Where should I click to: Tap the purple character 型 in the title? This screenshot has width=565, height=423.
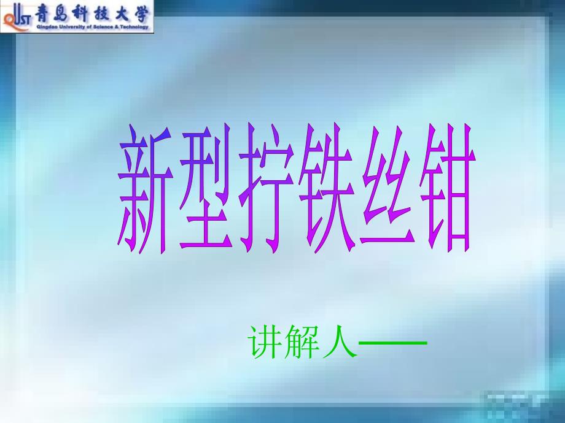coord(205,187)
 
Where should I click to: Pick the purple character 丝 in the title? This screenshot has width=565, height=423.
coord(388,186)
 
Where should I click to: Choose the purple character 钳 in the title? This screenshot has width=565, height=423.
coord(448,188)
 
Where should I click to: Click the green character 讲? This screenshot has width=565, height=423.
coord(265,341)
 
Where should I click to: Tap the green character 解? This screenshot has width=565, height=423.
coord(302,341)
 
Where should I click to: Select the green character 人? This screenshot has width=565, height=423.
coord(340,341)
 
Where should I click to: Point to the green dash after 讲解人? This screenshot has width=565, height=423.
coord(393,343)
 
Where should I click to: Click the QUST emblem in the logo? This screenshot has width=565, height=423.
coord(16,17)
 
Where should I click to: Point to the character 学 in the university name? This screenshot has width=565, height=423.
coord(141,14)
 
